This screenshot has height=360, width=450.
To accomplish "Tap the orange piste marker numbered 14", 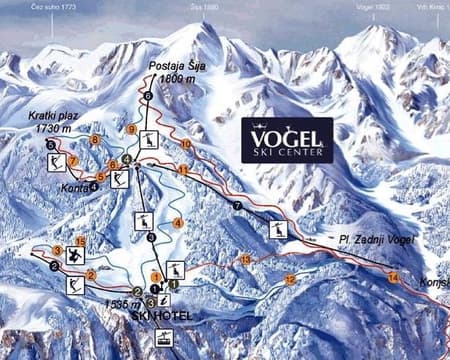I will [393, 276].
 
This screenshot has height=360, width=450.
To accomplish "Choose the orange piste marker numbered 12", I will [290, 280].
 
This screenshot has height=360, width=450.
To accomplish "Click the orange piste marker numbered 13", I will [246, 260].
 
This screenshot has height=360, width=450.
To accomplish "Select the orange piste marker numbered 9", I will [131, 129].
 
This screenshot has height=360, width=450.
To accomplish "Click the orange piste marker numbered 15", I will [80, 241].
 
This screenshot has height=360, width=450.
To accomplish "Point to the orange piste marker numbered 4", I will [178, 222].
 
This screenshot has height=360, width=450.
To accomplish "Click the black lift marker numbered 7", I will [237, 206].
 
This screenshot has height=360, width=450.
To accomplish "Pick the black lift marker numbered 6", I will [148, 96].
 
